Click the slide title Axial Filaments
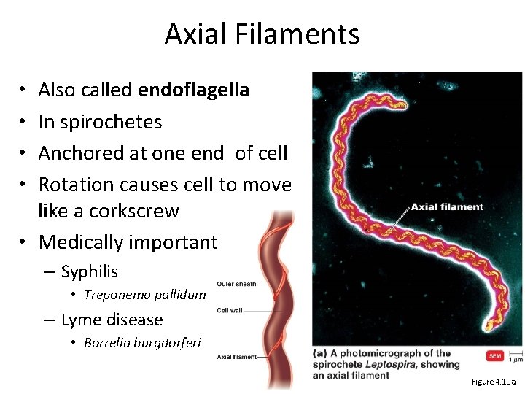tap(262, 34)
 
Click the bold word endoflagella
tap(193, 90)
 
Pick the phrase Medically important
tap(128, 242)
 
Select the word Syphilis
tap(89, 272)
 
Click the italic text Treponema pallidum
tap(144, 295)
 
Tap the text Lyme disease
tap(112, 320)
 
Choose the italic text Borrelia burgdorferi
tap(141, 343)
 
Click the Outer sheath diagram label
tap(236, 284)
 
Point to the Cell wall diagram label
tap(230, 311)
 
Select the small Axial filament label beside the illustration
tap(237, 357)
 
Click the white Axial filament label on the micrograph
tap(447, 206)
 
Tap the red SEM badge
tap(494, 356)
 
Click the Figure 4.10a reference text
tap(493, 382)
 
